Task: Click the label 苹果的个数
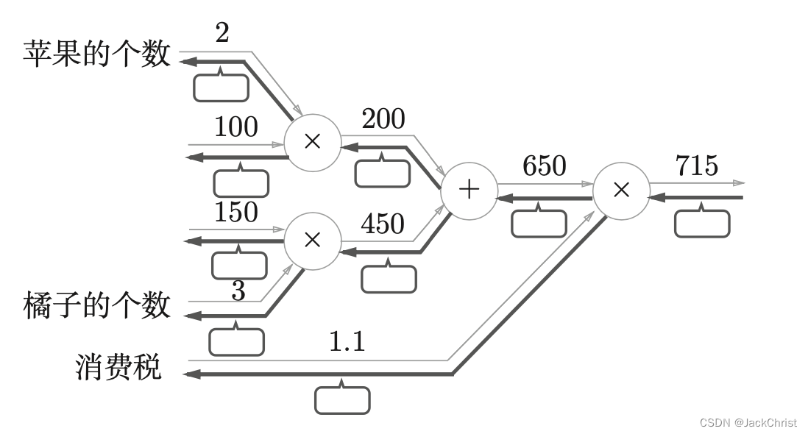point(97,54)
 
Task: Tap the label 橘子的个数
point(97,305)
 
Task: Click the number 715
point(697,166)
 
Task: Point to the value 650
point(544,166)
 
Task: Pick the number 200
point(383,118)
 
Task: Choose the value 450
point(383,224)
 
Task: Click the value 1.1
point(346,341)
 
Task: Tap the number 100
point(235,127)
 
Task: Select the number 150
point(235,212)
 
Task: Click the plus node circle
point(469,190)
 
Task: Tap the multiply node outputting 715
point(621,190)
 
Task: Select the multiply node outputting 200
point(313,141)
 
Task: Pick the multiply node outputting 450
point(313,239)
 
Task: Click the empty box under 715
point(702,223)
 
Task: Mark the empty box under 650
point(539,223)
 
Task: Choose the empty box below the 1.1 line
point(342,399)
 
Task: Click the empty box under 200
point(383,172)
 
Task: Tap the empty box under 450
point(389,278)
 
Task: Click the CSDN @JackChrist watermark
point(748,423)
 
